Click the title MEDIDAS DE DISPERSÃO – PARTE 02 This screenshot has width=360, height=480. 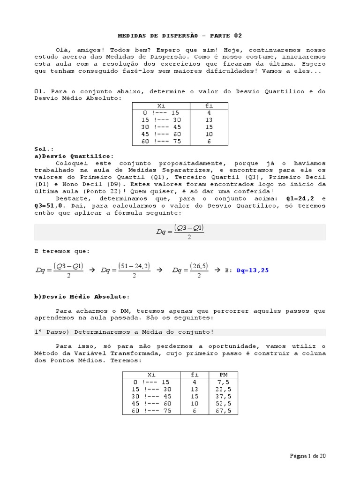point(180,36)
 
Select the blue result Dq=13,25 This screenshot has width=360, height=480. point(253,270)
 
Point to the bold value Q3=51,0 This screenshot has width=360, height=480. point(51,205)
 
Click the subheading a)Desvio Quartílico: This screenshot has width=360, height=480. point(74,156)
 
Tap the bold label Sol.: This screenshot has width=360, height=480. point(43,149)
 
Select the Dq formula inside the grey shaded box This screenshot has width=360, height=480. point(180,232)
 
